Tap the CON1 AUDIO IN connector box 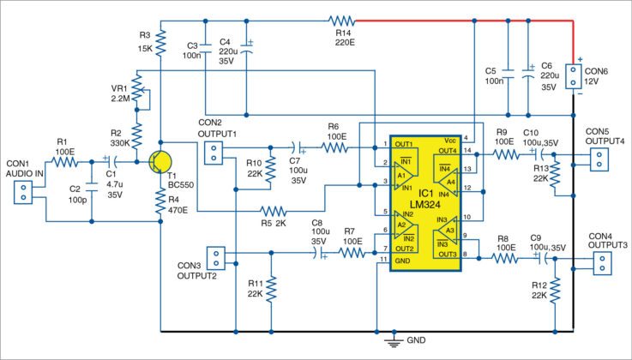coord(21,191)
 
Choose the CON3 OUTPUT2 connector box coord(215,258)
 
